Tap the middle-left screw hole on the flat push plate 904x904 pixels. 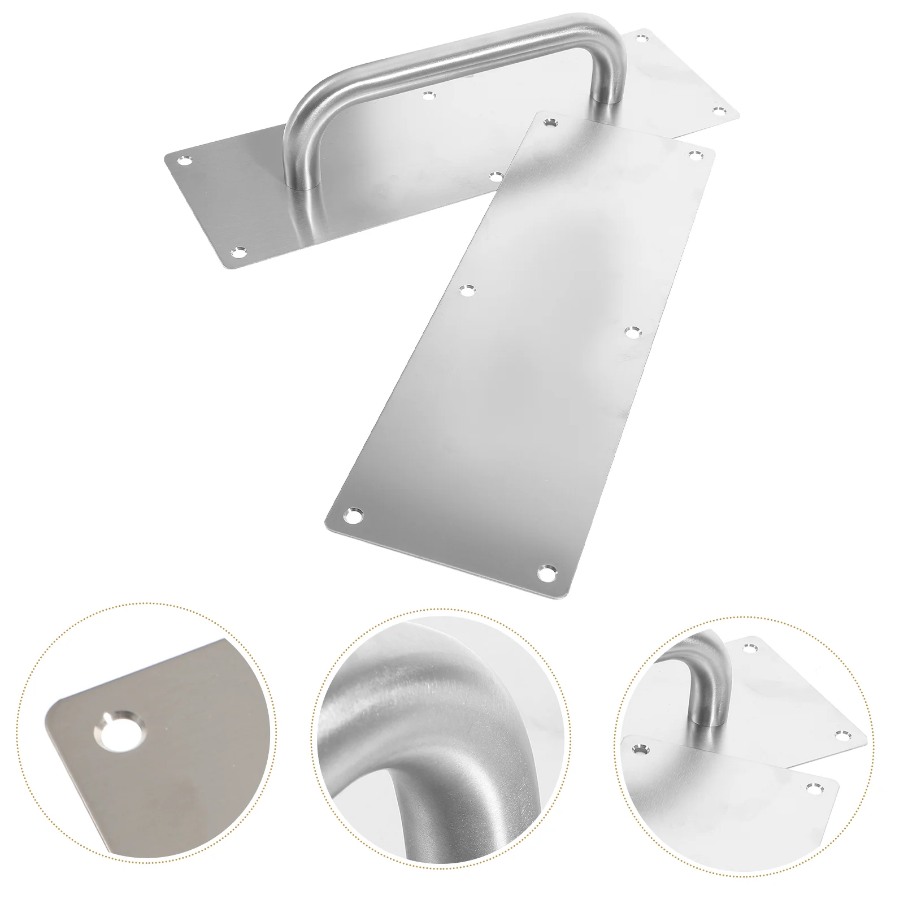(467, 290)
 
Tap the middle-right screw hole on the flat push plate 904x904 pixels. (632, 332)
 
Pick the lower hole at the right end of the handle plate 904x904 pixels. (718, 110)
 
